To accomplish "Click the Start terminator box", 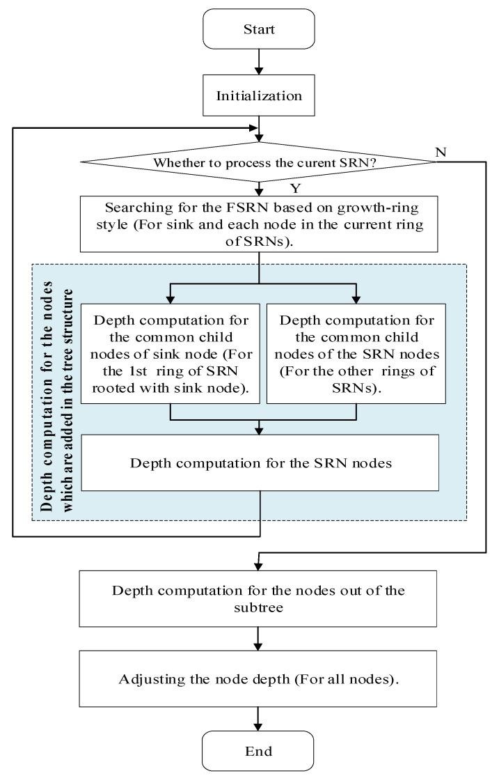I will [260, 30].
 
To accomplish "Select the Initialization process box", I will [260, 95].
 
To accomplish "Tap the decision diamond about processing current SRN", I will [259, 163].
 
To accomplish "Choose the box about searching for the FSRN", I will [259, 223].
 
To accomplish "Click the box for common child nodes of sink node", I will [171, 353].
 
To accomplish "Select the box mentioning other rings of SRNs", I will [356, 353].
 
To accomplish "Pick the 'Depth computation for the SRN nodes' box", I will [260, 463].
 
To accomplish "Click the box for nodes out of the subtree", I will [259, 598].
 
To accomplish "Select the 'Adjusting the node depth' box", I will [259, 679].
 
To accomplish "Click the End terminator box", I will [259, 751].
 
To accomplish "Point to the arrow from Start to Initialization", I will [260, 63].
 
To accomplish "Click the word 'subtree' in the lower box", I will [259, 606].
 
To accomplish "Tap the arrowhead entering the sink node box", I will [171, 298].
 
